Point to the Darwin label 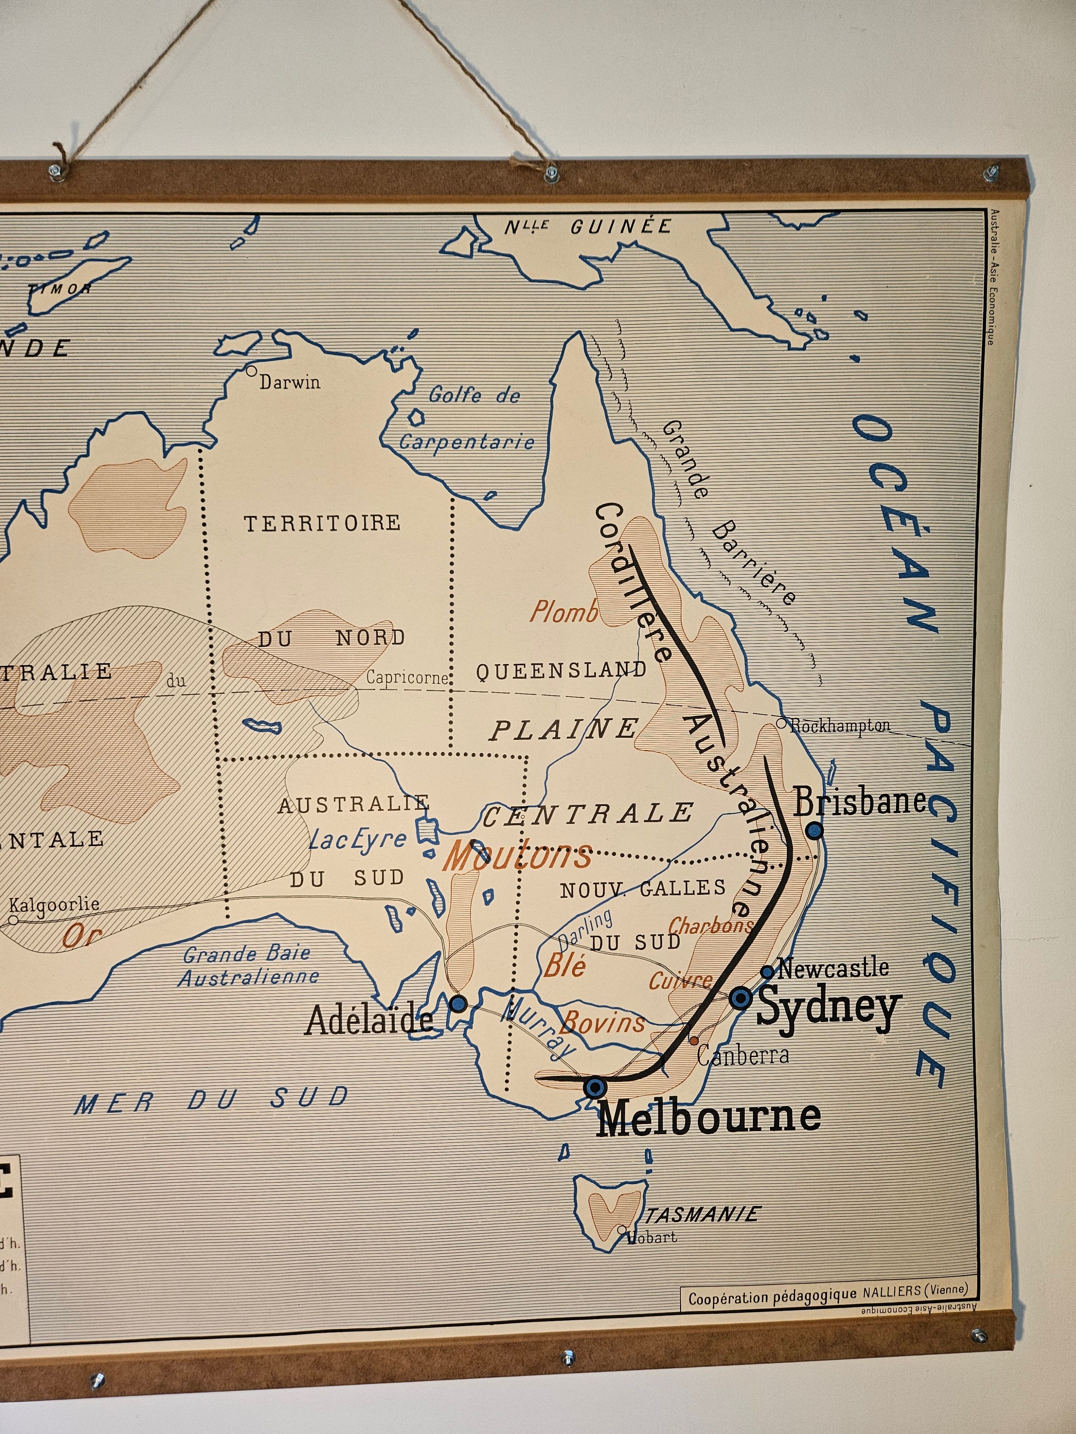(x=290, y=382)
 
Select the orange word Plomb (x=563, y=611)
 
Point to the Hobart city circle (x=622, y=1230)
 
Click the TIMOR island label (x=59, y=288)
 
